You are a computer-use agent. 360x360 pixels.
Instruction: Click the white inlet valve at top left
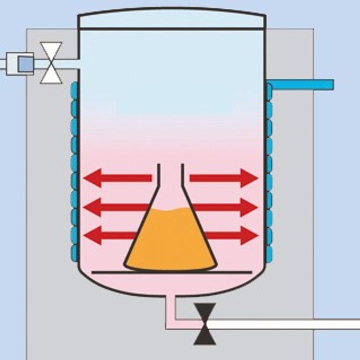pyautogui.click(x=51, y=63)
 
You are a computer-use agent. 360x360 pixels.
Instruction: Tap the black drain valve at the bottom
pyautogui.click(x=205, y=324)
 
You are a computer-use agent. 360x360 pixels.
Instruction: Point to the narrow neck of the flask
pyautogui.click(x=170, y=176)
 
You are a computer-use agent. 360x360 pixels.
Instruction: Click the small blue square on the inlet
pyautogui.click(x=25, y=64)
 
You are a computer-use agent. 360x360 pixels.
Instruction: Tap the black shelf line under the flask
pyautogui.click(x=172, y=273)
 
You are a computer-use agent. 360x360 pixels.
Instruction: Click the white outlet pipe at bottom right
pyautogui.click(x=287, y=324)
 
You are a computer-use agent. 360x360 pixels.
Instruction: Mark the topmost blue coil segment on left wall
pyautogui.click(x=74, y=90)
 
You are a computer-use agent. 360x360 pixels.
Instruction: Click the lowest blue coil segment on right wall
pyautogui.click(x=269, y=252)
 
